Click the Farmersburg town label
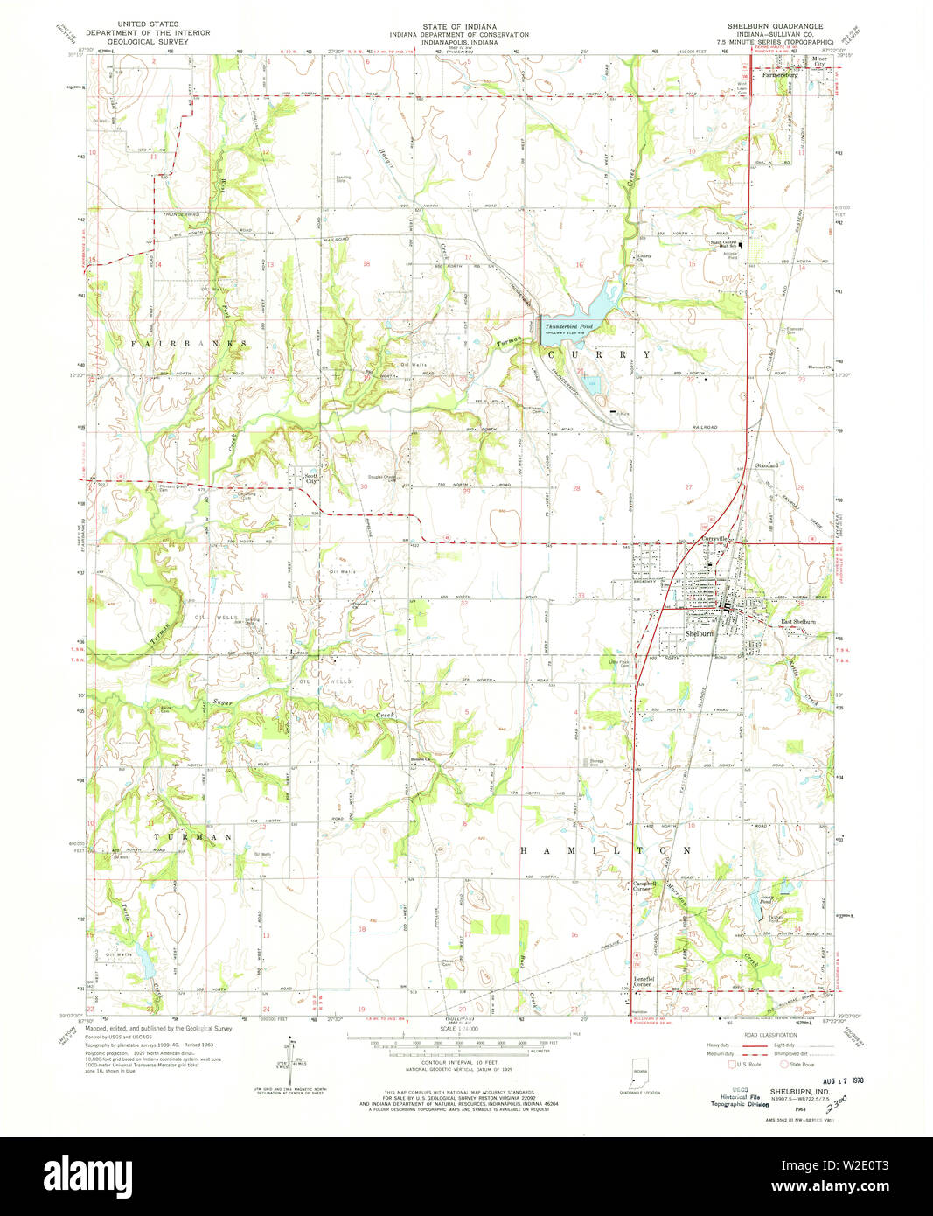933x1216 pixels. [x=780, y=75]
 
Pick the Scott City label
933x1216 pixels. [x=310, y=479]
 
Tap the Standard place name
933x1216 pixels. [x=766, y=465]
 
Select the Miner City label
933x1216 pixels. [x=819, y=62]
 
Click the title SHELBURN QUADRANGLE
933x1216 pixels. [x=775, y=26]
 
